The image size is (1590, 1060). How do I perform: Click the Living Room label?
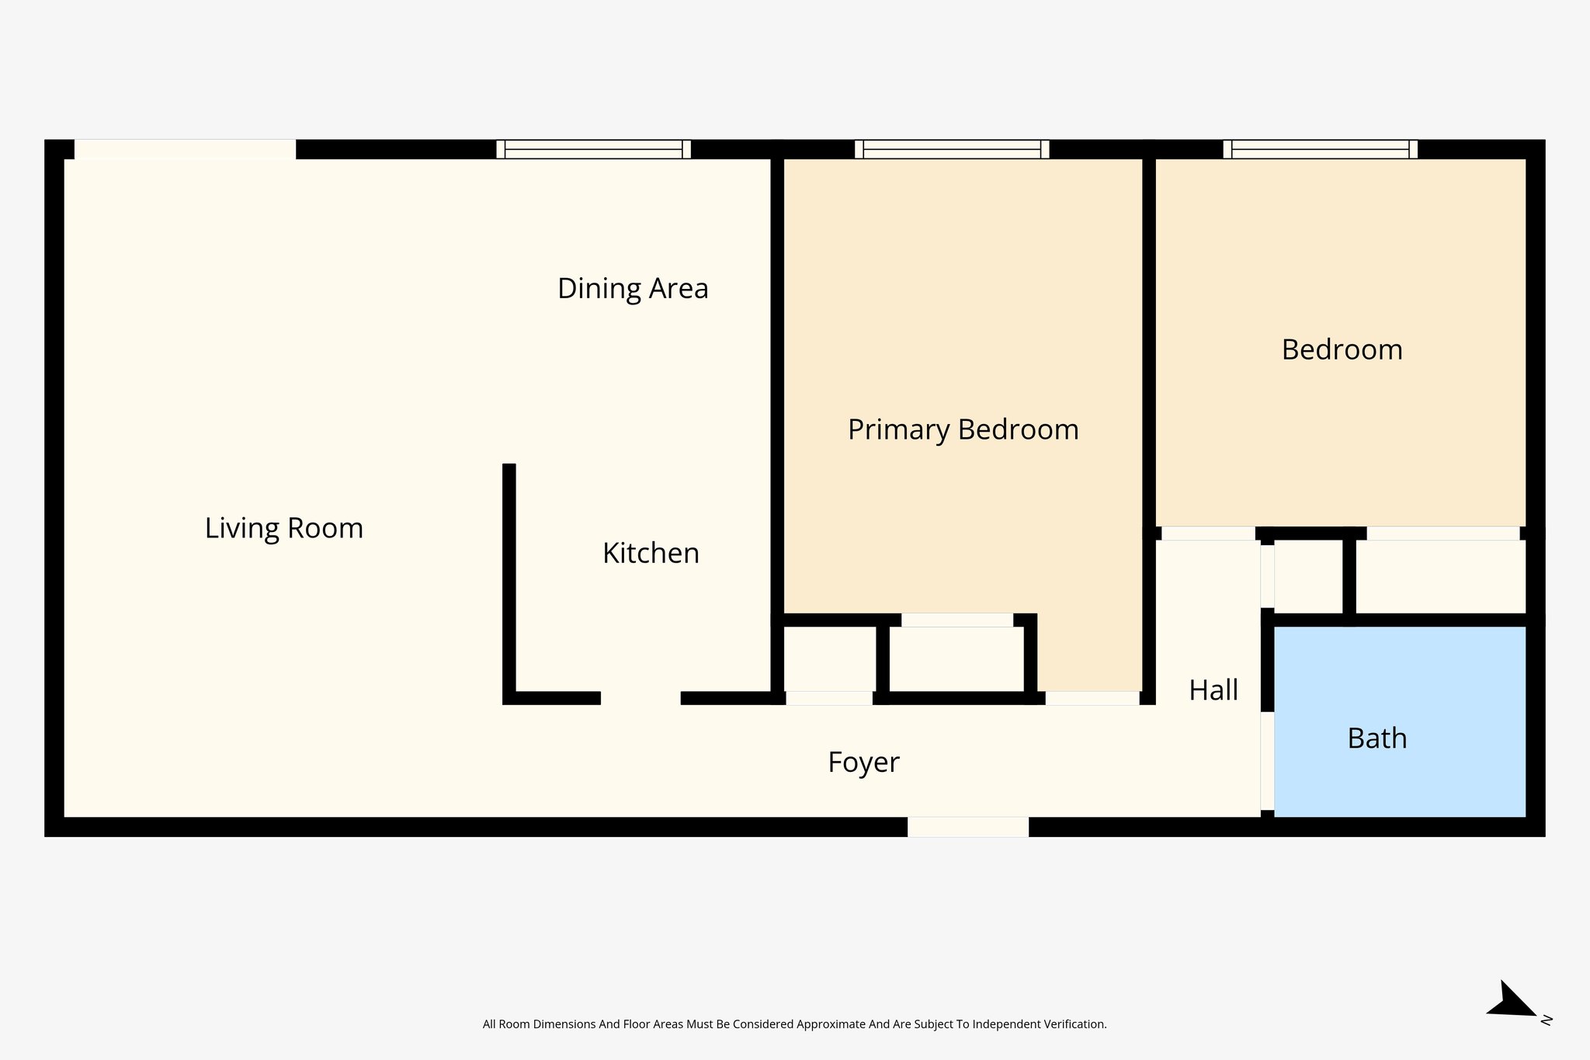click(x=284, y=528)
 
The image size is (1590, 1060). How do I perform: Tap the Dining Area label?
click(x=633, y=288)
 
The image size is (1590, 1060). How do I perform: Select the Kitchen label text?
click(x=651, y=553)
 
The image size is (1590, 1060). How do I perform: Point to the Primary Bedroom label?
click(x=963, y=429)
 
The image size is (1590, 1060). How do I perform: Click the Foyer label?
click(x=863, y=762)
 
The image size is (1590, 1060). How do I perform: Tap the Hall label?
click(x=1213, y=690)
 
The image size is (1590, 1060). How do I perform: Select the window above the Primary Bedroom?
click(x=952, y=149)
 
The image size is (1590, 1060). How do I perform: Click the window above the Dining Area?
click(x=593, y=149)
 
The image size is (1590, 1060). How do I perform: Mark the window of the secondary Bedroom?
click(x=1320, y=149)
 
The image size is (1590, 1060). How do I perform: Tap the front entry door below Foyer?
click(x=968, y=827)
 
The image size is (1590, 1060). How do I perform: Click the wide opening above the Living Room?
click(x=185, y=149)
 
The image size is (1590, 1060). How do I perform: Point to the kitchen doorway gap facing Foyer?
click(x=641, y=698)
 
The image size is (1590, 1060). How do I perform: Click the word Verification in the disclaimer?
click(x=1076, y=1024)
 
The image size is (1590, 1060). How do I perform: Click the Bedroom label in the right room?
click(x=1342, y=349)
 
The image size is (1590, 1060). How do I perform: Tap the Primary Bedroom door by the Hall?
click(x=1092, y=698)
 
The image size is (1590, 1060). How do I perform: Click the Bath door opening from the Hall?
click(x=1267, y=761)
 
